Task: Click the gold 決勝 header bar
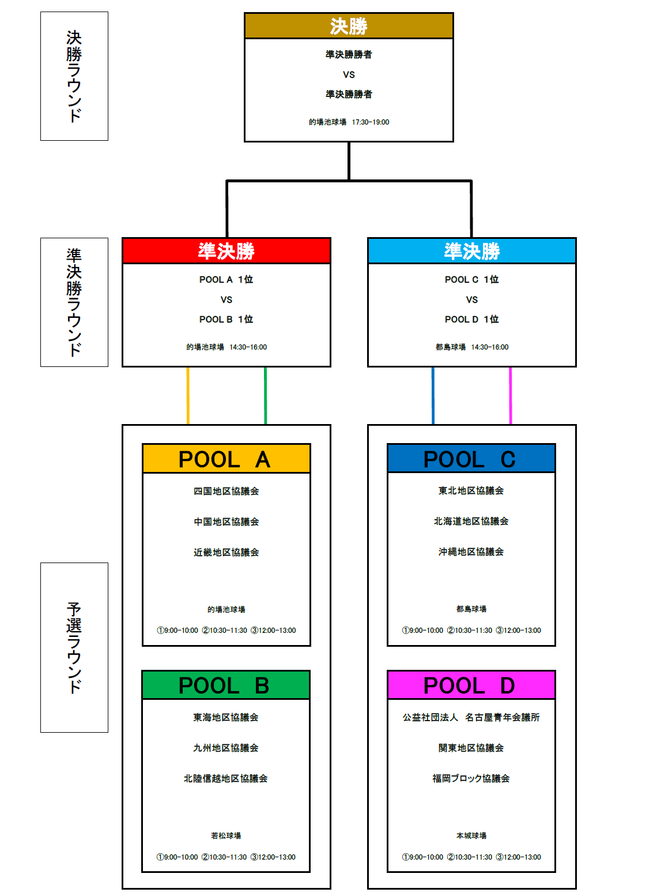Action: tap(349, 25)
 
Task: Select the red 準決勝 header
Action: tap(226, 251)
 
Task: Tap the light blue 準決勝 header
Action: tap(471, 251)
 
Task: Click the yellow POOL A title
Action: tap(226, 459)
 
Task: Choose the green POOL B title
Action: tap(226, 685)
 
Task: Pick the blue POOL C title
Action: tap(471, 459)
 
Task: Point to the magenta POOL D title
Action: tap(471, 685)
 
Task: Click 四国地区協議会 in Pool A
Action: tap(226, 491)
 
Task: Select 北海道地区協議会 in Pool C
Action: tap(471, 521)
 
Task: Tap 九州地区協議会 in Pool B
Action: tap(226, 748)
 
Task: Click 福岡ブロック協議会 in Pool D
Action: tap(471, 778)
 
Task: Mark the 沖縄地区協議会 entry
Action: tap(471, 552)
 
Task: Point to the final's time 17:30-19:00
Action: tap(371, 122)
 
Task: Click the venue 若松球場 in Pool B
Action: tap(226, 835)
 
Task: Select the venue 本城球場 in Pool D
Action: tap(471, 835)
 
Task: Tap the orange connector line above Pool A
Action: tap(188, 396)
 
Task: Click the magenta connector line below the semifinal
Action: tap(511, 396)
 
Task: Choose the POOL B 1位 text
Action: tap(226, 319)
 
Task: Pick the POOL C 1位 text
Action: tap(471, 279)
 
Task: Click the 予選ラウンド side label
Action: tap(74, 647)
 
